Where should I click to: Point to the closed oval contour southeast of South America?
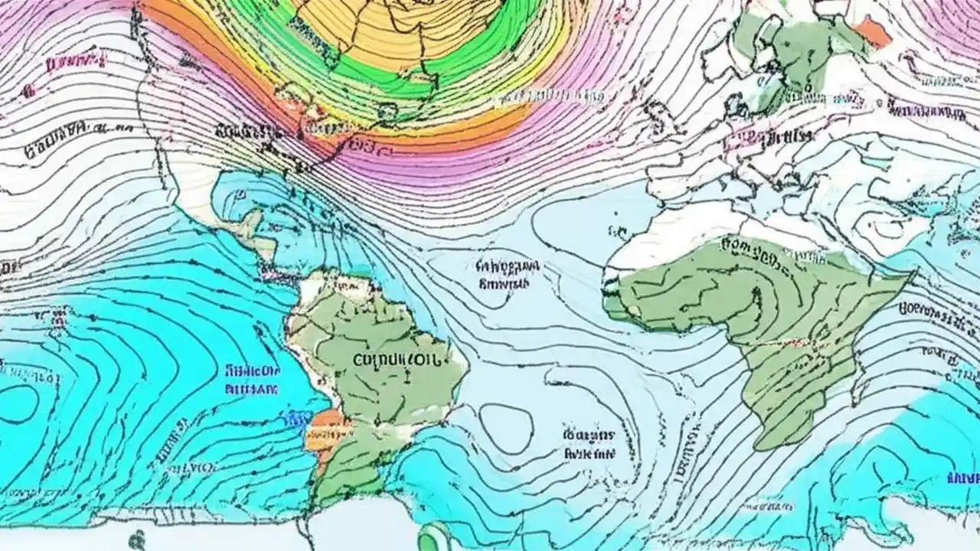point(505,428)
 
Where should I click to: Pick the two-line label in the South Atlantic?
point(590,443)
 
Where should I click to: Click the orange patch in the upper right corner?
point(874,31)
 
